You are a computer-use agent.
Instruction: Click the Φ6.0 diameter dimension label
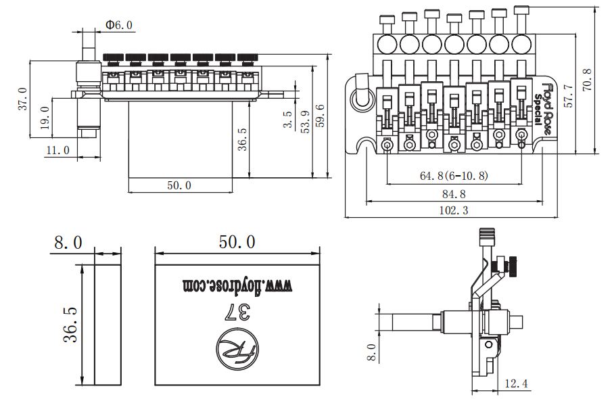[x=119, y=25]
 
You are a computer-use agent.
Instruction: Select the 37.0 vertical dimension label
[x=23, y=99]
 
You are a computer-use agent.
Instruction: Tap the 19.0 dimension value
[x=45, y=118]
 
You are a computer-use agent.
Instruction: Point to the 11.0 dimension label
[x=58, y=150]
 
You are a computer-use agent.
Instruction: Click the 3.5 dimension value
[x=288, y=120]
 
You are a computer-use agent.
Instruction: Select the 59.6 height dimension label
[x=320, y=116]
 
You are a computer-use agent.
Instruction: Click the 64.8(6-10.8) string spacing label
[x=454, y=175]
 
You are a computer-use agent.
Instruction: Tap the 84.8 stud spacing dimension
[x=454, y=194]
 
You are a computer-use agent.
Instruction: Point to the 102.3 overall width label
[x=454, y=210]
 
